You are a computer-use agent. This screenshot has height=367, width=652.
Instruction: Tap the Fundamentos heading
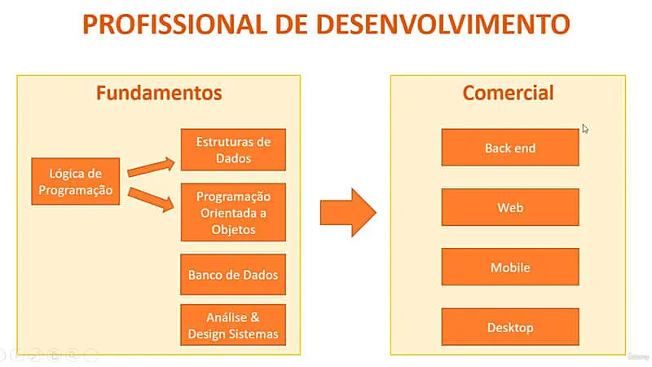coord(159,93)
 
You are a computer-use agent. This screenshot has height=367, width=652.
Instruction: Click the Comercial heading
coord(508,93)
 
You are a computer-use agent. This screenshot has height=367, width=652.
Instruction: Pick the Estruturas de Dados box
coord(233,149)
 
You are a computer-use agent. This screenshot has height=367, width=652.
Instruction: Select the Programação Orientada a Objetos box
coord(233,213)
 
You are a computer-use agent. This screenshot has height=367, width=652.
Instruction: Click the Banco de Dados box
coord(233,275)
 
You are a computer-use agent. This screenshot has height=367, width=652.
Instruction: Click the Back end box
coord(510,148)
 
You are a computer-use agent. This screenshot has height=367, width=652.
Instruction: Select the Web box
coord(510,208)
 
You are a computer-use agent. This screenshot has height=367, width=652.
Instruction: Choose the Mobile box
coord(510,268)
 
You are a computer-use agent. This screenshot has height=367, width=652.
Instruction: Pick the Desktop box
coord(510,327)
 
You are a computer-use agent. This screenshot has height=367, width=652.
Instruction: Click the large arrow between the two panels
coord(347,212)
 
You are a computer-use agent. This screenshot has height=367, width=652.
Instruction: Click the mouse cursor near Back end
coord(584,128)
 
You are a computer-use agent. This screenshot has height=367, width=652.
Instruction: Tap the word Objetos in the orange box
coord(233,229)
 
